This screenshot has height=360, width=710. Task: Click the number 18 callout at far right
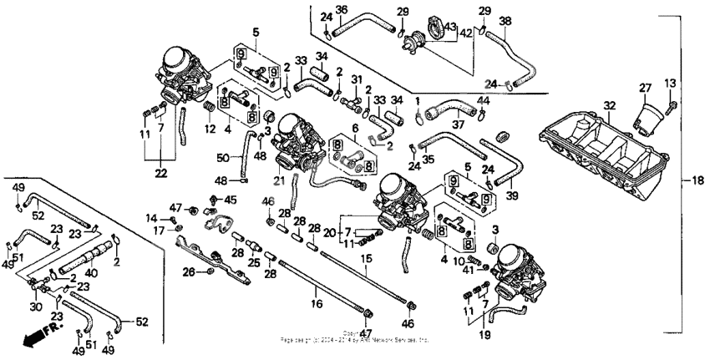click(x=695, y=180)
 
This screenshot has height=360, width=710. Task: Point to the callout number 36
click(x=341, y=10)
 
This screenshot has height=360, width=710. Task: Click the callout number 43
click(x=453, y=27)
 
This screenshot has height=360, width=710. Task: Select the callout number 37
click(x=457, y=125)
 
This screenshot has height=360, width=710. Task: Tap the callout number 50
click(x=222, y=157)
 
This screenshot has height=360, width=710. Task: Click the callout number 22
click(x=160, y=173)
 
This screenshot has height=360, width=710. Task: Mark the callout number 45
click(x=231, y=199)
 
